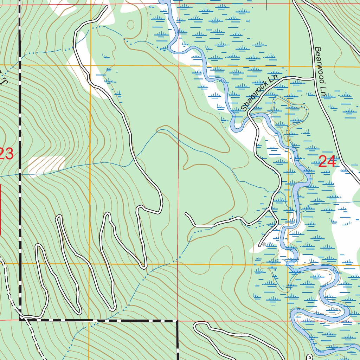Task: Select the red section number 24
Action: (327, 162)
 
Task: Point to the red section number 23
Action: (6, 154)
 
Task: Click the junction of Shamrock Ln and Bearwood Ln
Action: (313, 78)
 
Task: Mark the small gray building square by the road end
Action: (264, 243)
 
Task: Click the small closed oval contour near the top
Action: (131, 25)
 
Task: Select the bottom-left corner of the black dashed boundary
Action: (20, 319)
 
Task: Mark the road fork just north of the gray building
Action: (270, 210)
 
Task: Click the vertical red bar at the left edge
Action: (0, 209)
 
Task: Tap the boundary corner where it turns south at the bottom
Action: (177, 321)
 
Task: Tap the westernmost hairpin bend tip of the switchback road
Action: (38, 245)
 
